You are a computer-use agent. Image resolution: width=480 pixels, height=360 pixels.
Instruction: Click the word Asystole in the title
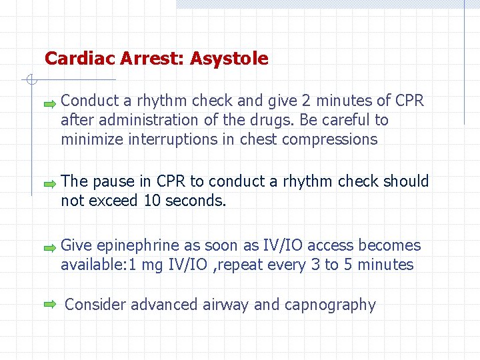(x=229, y=59)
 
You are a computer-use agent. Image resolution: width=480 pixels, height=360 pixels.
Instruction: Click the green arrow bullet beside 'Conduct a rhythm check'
(x=50, y=104)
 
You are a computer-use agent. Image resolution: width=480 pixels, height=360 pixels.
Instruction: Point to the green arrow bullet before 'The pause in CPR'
(x=50, y=183)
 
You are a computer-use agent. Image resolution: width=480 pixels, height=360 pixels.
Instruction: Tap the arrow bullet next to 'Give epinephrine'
(x=50, y=248)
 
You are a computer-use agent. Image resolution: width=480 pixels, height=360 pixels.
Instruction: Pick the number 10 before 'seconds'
(x=152, y=200)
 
